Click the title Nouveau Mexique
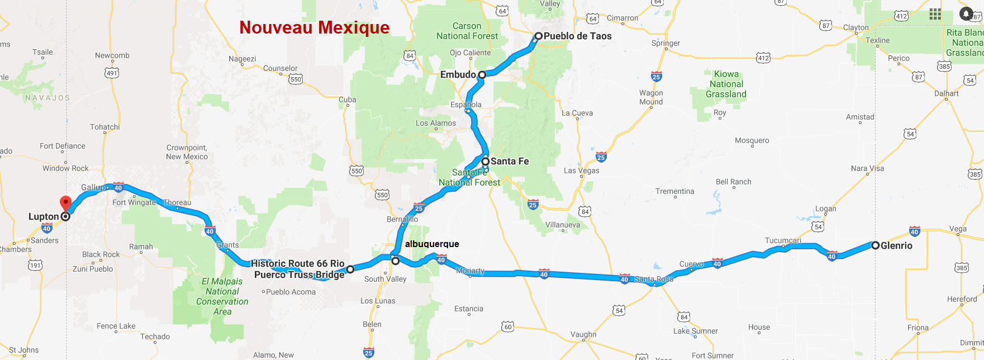click(314, 27)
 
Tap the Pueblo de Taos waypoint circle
click(538, 36)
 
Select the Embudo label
click(458, 74)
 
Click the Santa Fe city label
click(509, 161)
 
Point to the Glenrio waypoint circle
click(876, 245)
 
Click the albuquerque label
click(432, 244)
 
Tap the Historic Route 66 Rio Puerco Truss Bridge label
click(298, 269)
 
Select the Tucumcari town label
click(782, 240)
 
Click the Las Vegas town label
click(581, 170)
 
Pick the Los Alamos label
click(435, 123)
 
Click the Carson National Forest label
click(467, 31)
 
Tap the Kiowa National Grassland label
click(726, 84)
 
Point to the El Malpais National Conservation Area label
click(222, 296)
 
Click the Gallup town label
click(92, 187)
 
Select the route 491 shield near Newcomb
click(112, 73)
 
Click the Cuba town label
click(347, 100)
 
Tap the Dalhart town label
click(946, 93)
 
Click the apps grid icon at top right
click(935, 14)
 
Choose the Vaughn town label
click(583, 334)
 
